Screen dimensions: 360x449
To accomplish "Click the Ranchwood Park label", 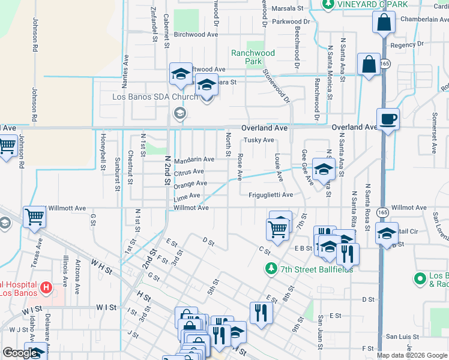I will tap(253, 57).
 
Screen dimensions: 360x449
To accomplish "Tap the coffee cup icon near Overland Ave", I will tap(387, 118).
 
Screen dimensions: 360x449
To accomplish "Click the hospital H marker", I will tap(46, 287).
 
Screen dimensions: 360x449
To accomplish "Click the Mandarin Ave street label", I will tap(194, 160).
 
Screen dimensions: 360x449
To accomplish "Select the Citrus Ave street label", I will tap(189, 172).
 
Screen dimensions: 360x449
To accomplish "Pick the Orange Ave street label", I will tap(190, 184).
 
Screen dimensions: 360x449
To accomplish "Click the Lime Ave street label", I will tap(187, 196).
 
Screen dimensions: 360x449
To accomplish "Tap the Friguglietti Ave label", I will tap(271, 195).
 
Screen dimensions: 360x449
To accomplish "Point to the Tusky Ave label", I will tap(258, 140).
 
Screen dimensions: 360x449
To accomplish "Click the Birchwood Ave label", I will tap(196, 35).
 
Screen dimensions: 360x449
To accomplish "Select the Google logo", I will tap(20, 353).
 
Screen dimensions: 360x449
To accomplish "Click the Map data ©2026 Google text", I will tap(412, 355).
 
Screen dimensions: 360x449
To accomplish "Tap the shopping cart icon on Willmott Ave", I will tap(34, 218).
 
